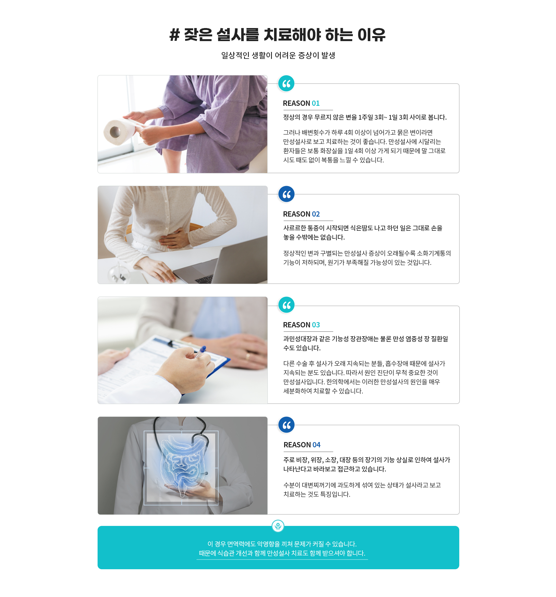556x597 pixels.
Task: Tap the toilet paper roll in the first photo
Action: tap(119, 131)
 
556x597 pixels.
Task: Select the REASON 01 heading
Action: tap(301, 103)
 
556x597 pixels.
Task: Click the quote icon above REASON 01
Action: tap(286, 84)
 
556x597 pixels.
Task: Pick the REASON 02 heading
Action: tap(301, 214)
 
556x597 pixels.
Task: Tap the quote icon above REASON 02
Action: tap(286, 194)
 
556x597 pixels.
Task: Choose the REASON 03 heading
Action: tap(301, 325)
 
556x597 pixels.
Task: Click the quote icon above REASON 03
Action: tap(286, 305)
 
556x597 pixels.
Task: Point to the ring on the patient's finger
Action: tap(247, 356)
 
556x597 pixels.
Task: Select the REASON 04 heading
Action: tap(302, 445)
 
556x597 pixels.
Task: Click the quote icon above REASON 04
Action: tap(286, 425)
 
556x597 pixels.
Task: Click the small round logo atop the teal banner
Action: tap(278, 526)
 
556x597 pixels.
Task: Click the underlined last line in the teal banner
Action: tap(282, 553)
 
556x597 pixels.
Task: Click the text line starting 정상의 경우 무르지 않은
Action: tap(364, 117)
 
